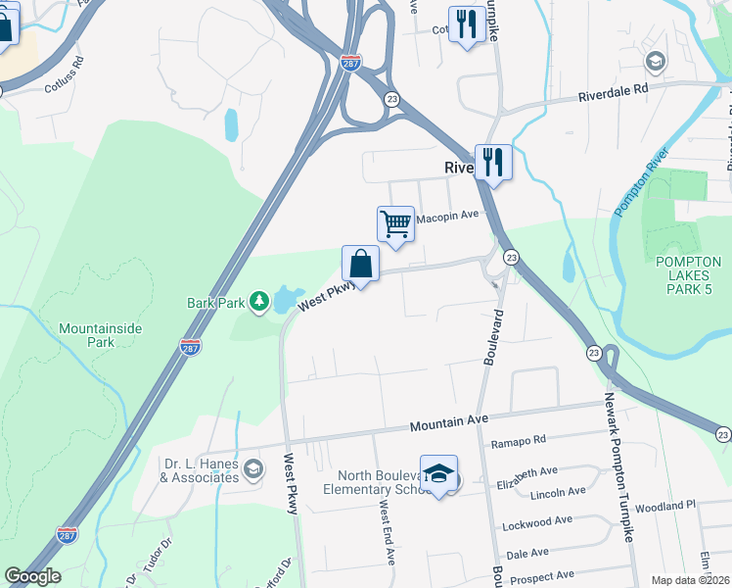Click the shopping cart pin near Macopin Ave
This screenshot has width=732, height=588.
[395, 224]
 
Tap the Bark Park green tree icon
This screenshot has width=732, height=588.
[259, 302]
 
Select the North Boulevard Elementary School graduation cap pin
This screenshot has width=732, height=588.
[439, 473]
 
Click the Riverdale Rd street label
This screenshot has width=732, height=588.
[614, 93]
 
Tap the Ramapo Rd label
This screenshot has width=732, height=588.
[518, 443]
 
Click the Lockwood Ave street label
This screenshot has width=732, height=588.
[534, 524]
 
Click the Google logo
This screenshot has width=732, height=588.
[32, 576]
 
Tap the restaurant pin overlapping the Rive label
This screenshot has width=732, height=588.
[493, 163]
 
